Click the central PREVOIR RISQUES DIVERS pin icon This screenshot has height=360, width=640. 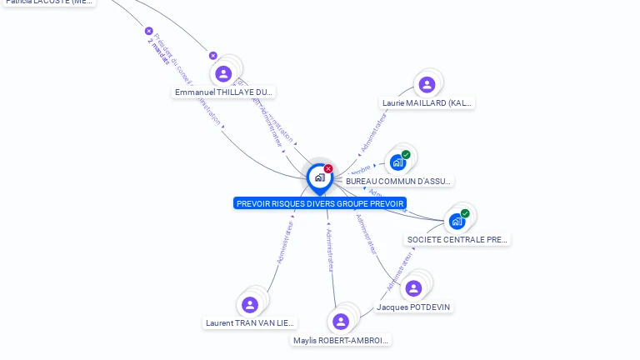319,177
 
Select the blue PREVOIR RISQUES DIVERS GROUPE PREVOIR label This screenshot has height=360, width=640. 320,203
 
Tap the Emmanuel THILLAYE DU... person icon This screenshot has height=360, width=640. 223,74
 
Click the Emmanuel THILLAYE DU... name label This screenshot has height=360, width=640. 224,92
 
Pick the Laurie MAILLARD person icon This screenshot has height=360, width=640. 427,84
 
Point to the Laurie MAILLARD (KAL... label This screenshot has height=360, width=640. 427,103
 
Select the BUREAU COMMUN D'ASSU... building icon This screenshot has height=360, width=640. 397,162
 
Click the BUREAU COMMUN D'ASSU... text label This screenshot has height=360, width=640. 399,181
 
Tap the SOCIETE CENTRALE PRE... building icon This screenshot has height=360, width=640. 457,221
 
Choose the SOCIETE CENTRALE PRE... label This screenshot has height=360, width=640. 457,239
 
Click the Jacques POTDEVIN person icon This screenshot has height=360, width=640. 413,288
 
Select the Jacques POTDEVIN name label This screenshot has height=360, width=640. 413,307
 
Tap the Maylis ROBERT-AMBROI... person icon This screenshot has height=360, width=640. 340,322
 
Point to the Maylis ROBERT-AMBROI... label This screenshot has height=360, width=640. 342,340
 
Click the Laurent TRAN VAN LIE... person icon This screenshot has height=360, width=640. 249,305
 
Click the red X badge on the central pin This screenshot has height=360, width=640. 328,168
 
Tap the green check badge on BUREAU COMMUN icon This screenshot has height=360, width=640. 406,154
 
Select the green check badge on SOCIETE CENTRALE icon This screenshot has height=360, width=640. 465,213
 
